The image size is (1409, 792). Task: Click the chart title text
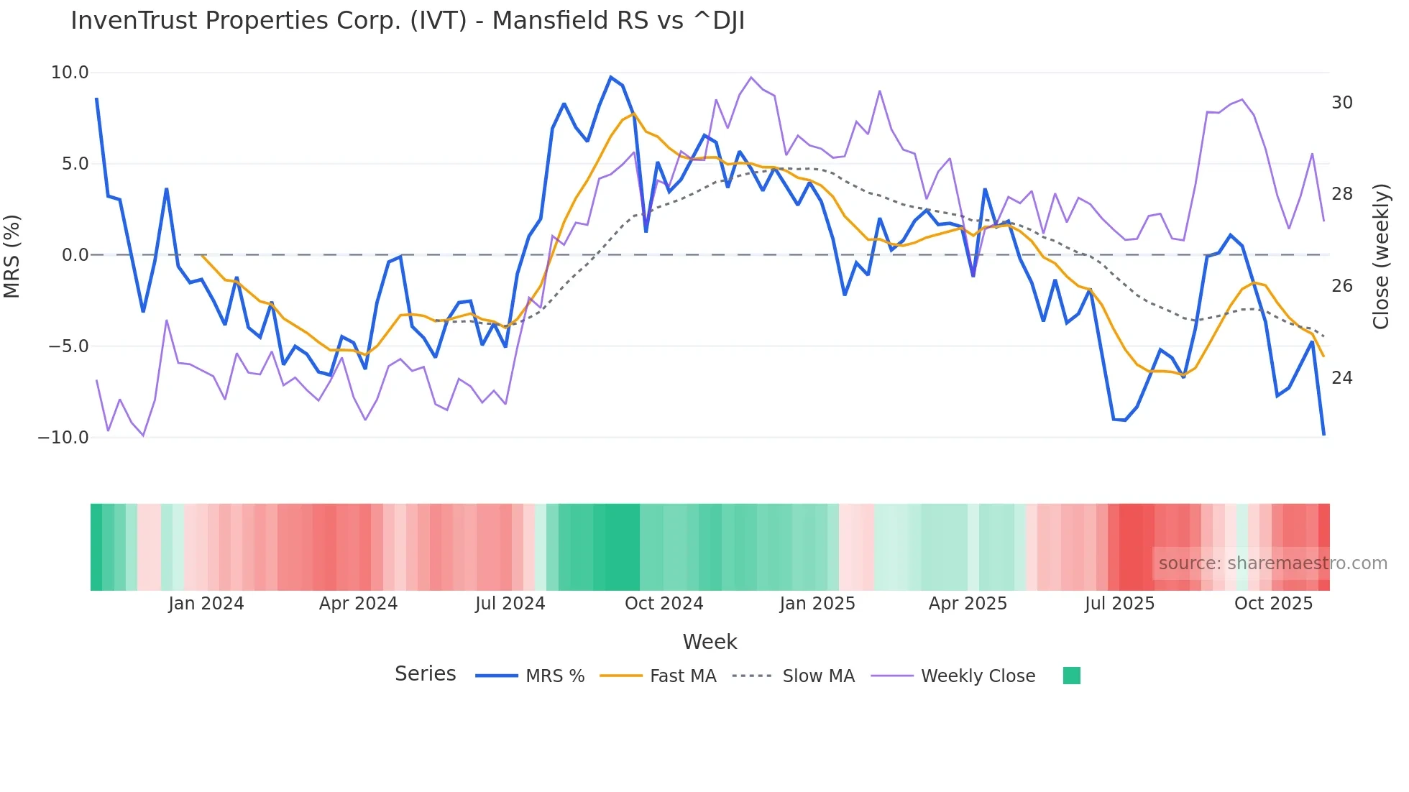click(407, 21)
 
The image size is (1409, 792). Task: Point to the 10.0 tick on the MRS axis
click(70, 73)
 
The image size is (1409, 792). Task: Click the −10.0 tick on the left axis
click(63, 438)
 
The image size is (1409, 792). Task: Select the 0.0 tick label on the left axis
click(75, 255)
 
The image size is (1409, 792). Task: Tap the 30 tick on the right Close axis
click(1341, 103)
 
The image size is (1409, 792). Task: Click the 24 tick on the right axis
click(1341, 378)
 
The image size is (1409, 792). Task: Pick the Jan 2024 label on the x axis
click(206, 604)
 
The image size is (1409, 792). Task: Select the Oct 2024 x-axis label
click(664, 604)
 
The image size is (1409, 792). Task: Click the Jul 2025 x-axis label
click(1119, 604)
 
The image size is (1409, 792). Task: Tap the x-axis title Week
click(710, 642)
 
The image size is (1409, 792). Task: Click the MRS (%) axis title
click(12, 256)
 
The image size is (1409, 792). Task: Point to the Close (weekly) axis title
click(1380, 256)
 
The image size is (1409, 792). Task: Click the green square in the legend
click(1071, 676)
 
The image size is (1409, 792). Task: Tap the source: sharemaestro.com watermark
click(1272, 563)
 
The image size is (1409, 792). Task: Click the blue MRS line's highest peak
click(610, 77)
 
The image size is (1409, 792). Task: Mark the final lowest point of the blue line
click(1323, 434)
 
